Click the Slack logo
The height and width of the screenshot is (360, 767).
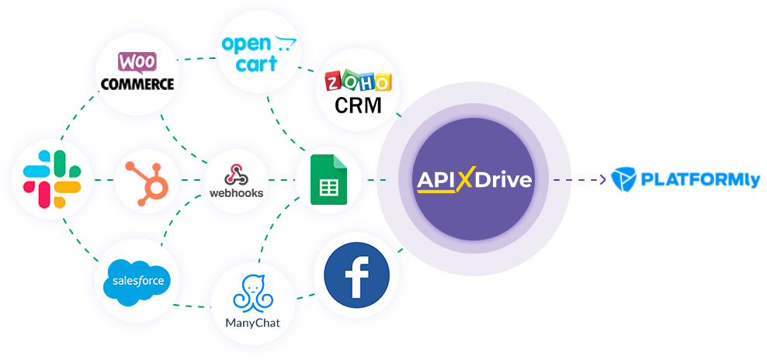(52, 180)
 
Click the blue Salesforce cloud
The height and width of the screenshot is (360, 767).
(137, 279)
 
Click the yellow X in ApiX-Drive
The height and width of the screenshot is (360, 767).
(464, 180)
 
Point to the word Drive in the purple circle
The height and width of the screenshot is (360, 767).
(504, 180)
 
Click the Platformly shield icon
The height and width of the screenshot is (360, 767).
(623, 179)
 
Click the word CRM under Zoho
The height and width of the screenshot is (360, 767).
(358, 105)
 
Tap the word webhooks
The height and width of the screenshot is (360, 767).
(236, 192)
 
